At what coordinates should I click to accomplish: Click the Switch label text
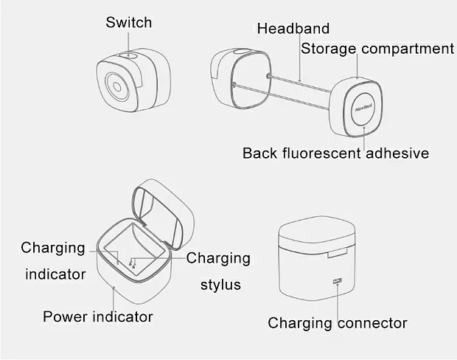tap(129, 22)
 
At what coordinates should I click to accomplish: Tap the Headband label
tap(293, 29)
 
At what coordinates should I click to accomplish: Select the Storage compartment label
tap(377, 49)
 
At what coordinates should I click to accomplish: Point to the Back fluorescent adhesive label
tap(336, 153)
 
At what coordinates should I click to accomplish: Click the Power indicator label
tap(98, 316)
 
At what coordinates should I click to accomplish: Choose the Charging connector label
tap(338, 323)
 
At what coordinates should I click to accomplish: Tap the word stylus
tap(220, 285)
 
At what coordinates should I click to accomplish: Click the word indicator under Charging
tap(55, 274)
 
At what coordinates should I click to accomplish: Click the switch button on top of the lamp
tap(128, 56)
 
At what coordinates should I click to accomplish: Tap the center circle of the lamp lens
tap(117, 86)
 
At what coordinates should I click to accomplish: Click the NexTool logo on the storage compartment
tap(363, 108)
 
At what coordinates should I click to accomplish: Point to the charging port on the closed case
tap(337, 281)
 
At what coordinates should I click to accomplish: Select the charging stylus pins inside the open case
tap(132, 264)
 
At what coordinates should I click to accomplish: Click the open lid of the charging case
tap(163, 213)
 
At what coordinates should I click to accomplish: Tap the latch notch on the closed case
tap(338, 253)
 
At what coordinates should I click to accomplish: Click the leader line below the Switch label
tap(128, 43)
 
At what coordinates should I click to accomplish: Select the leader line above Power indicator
tap(114, 299)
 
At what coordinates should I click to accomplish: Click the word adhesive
tap(397, 153)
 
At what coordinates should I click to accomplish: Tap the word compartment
tap(408, 49)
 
